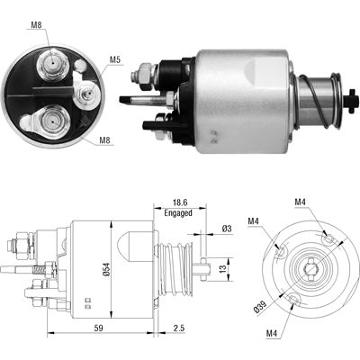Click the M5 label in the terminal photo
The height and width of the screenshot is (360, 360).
[114, 59]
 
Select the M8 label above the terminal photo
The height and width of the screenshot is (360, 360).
[36, 25]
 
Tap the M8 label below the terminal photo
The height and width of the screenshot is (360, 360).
[104, 140]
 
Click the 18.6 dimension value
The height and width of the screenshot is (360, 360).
[180, 202]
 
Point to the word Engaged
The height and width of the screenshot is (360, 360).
[178, 213]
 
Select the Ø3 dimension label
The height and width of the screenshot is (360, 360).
[227, 229]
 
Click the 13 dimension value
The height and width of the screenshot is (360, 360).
[222, 268]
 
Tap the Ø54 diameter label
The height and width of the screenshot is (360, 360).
[107, 269]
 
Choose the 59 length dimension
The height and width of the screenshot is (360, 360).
[98, 328]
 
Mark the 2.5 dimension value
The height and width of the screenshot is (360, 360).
[179, 328]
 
